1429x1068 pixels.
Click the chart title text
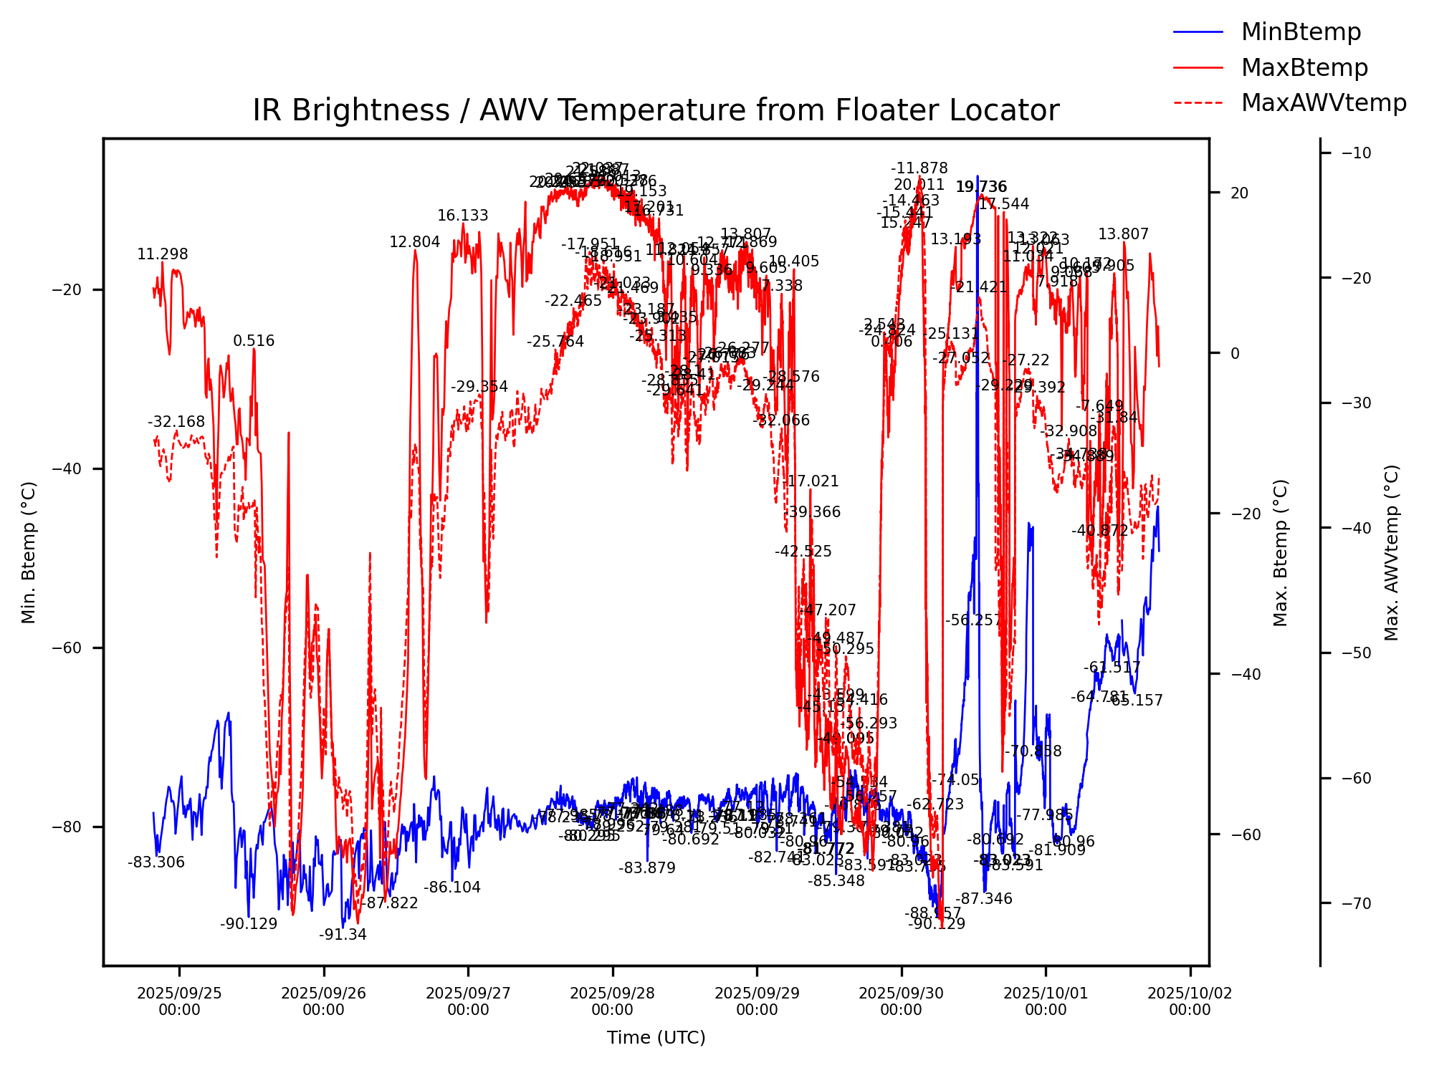656,111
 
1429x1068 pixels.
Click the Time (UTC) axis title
656,1038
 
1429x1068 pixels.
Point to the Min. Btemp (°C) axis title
29,552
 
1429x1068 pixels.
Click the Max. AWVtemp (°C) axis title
1392,552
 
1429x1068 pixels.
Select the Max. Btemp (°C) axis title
1281,552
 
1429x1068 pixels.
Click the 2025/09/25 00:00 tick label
179,1001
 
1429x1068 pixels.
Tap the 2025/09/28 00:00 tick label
612,1001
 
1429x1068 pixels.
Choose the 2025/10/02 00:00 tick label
1190,1001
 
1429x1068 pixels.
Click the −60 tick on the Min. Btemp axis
67,648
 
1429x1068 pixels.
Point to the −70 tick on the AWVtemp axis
1352,903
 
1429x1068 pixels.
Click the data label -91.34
343,935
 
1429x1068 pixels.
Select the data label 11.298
163,254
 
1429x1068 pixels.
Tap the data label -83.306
156,863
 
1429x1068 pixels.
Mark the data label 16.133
463,216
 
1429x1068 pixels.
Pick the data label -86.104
452,887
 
